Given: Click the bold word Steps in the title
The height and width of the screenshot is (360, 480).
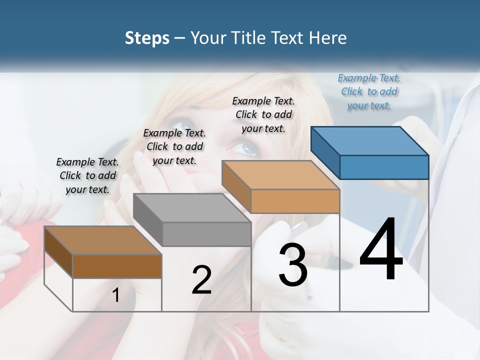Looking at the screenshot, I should click(x=147, y=38).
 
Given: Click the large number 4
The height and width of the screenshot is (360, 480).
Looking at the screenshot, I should click(x=381, y=250).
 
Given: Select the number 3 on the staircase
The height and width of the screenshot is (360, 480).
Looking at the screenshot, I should click(x=293, y=265).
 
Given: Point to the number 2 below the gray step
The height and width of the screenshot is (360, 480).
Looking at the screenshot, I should click(x=201, y=280).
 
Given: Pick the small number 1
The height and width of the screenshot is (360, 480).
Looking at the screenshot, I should click(x=116, y=295).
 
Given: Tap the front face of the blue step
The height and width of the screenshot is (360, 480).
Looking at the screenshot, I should click(x=384, y=167).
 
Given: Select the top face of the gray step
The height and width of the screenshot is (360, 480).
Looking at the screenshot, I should click(x=192, y=208).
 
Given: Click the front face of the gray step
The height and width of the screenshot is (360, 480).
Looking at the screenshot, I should click(x=207, y=234).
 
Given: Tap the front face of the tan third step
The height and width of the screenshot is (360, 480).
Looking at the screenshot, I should click(x=295, y=201).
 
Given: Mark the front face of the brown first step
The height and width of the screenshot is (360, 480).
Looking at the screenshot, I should click(x=117, y=266).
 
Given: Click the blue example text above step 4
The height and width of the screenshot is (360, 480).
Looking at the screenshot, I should click(x=369, y=91).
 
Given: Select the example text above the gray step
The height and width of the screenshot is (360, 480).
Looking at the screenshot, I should click(x=174, y=146).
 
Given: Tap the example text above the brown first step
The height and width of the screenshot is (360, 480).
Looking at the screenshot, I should click(x=87, y=175).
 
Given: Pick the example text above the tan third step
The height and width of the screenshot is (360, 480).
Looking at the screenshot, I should click(x=263, y=114).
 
